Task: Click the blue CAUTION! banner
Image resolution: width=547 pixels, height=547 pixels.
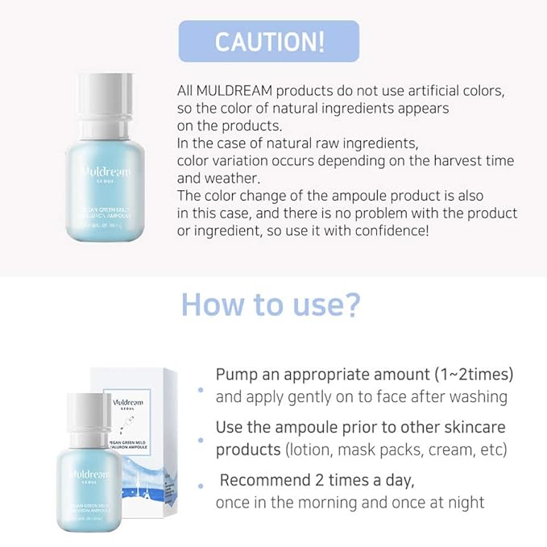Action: coord(269,41)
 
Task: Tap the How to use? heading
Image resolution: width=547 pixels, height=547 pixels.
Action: coord(271,305)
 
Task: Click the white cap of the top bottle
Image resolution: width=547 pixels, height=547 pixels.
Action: coord(106,93)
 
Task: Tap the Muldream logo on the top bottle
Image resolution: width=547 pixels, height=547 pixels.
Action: coord(106,172)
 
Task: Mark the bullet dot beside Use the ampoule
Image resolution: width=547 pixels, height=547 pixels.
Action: coord(201,437)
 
